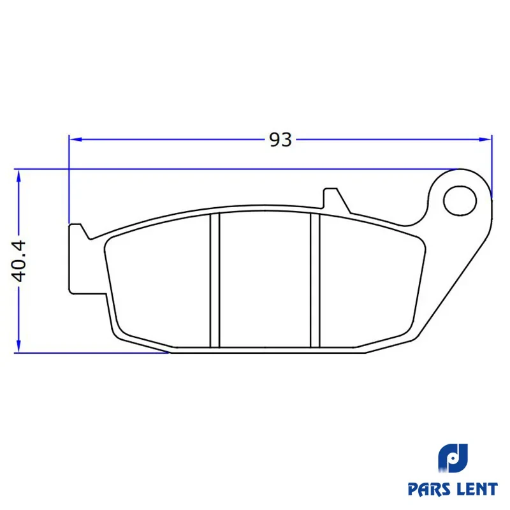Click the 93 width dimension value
pos(280,140)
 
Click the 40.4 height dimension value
pos(18,261)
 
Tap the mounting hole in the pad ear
pos(460,201)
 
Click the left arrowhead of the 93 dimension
pos(76,140)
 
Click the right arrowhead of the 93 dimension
pos(485,140)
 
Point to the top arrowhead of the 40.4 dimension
pos(18,176)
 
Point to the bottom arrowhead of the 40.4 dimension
pos(18,346)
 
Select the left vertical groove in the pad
pos(215,280)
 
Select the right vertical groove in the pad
pos(315,280)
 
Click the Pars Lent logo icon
pos(453,458)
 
